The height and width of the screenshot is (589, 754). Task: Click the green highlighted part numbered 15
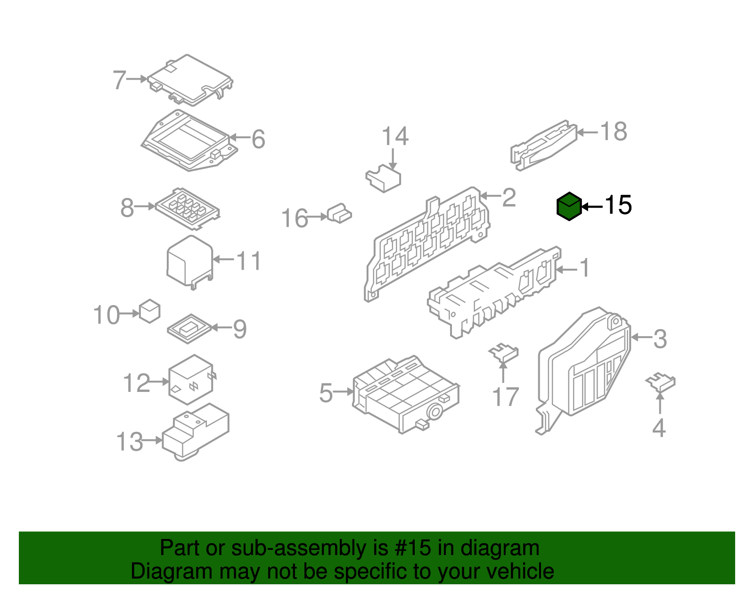(569, 206)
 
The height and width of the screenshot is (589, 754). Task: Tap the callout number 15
(618, 205)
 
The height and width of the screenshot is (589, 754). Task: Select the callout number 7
(119, 80)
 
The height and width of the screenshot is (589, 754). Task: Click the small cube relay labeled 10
(149, 311)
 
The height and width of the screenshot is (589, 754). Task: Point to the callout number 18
(614, 131)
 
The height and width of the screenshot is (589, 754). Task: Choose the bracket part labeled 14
(383, 178)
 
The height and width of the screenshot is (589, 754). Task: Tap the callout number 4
(659, 428)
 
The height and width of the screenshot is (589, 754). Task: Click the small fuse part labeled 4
(660, 382)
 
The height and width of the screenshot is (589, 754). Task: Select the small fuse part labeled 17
(503, 353)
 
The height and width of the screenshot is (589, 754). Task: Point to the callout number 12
(136, 383)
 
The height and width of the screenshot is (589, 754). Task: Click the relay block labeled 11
(190, 262)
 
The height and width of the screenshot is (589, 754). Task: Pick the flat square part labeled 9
(189, 329)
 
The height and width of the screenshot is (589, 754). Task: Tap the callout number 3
(660, 339)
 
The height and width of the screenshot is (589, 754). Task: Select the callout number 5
(326, 393)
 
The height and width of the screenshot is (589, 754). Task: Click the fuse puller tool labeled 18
(544, 145)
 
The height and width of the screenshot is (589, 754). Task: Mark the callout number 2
(509, 198)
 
